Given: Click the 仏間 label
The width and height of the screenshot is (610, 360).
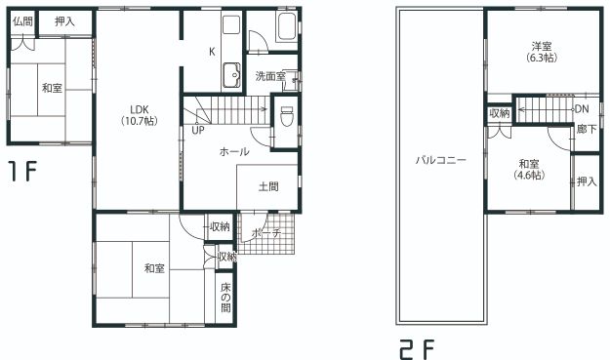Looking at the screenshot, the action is [22, 21].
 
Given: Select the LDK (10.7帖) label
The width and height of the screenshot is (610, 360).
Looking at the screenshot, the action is [140, 115].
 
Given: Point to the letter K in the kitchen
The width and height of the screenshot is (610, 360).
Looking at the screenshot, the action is [212, 52].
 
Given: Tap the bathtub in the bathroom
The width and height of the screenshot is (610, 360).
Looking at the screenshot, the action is [287, 26].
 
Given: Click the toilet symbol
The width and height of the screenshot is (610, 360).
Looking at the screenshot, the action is [286, 116].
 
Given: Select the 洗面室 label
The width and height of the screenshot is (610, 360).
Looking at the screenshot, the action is [270, 76].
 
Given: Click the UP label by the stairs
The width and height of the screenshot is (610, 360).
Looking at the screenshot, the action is [198, 130].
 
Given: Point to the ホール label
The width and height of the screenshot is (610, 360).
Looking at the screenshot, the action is [234, 151].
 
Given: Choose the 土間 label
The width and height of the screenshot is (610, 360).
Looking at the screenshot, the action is [268, 186].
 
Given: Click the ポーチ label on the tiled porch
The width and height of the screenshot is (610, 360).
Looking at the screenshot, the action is [266, 233].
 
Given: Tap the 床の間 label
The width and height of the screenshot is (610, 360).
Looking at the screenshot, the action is [225, 298].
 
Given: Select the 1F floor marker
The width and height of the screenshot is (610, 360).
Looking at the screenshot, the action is [23, 173].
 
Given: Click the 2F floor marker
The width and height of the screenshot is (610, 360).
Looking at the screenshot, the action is [417, 349].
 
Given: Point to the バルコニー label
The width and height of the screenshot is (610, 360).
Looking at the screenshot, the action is [441, 160].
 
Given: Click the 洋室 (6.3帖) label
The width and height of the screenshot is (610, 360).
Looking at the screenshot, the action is [542, 52].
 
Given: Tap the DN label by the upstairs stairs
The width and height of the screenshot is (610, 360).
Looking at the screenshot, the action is [582, 109].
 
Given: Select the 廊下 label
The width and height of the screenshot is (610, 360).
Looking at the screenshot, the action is [587, 129].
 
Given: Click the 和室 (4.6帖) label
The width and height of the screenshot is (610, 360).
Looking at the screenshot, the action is [529, 170].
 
